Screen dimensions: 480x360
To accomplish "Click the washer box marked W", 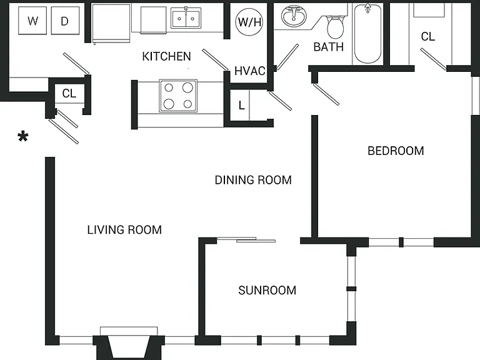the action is [x=32, y=21].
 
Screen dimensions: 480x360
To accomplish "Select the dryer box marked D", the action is [x=65, y=21].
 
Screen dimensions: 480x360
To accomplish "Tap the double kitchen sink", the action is [x=186, y=18].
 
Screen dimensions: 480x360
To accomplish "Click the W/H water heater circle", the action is [x=249, y=22].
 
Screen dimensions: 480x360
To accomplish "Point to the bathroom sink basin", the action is [x=294, y=16].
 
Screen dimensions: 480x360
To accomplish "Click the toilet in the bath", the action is [x=335, y=27].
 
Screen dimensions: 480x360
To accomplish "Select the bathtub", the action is [x=367, y=34].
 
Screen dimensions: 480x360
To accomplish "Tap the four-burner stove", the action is [x=178, y=96].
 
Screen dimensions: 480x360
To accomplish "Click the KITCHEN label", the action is [x=166, y=56].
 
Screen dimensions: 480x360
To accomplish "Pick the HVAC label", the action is [x=250, y=71].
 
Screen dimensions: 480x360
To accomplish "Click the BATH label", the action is [x=329, y=47].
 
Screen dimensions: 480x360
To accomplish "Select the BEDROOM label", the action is [x=396, y=151].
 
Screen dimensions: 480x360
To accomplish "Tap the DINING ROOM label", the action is [x=253, y=180].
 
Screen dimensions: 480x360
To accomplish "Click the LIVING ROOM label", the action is [x=124, y=229].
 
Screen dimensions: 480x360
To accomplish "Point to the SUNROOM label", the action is [x=267, y=290].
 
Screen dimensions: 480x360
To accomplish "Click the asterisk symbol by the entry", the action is [x=23, y=136].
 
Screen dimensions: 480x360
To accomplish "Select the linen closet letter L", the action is [x=242, y=106].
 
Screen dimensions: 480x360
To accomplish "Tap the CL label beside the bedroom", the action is [x=427, y=37].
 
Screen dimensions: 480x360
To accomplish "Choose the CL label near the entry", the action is [x=69, y=93].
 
